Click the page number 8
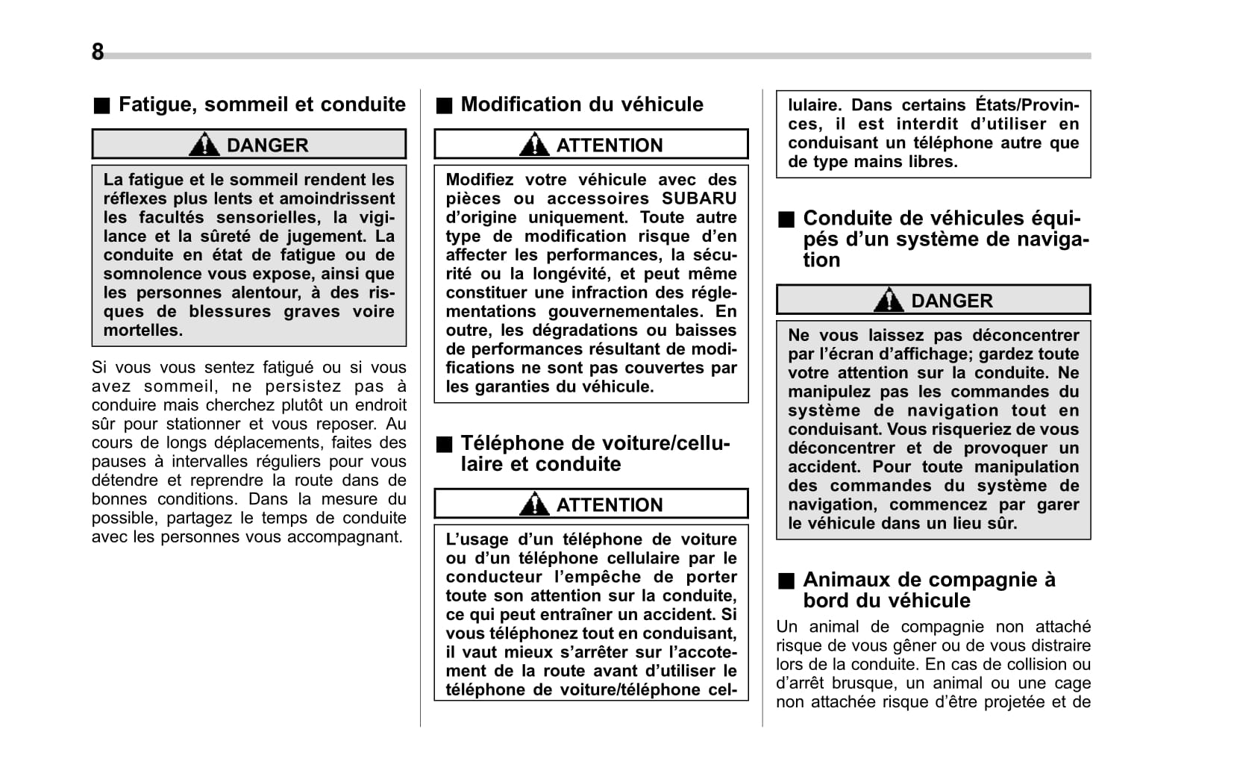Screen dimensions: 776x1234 tap(98, 51)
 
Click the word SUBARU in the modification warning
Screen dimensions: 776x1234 tap(698, 198)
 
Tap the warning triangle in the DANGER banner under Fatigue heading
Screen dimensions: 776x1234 tap(204, 144)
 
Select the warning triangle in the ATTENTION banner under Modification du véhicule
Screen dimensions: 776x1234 tap(534, 144)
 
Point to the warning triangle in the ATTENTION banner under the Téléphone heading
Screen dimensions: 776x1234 tap(534, 504)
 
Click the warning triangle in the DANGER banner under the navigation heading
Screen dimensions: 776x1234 tap(889, 300)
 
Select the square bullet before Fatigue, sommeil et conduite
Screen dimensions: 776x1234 tap(101, 105)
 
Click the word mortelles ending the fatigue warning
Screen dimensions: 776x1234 tap(142, 331)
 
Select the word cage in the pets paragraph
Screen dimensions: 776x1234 tap(1074, 683)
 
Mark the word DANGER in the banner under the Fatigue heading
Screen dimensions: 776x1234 tap(267, 145)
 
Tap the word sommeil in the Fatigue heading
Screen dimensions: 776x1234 tap(245, 104)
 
